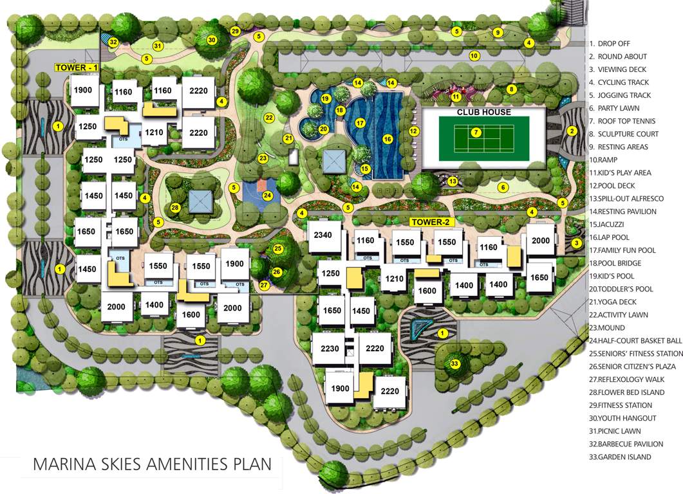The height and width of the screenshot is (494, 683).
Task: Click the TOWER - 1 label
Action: [76, 67]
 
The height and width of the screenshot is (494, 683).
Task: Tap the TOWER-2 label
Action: [432, 222]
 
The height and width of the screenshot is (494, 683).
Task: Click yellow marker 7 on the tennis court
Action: [476, 133]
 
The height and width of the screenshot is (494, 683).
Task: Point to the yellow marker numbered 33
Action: [454, 364]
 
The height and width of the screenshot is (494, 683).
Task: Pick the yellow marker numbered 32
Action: [113, 42]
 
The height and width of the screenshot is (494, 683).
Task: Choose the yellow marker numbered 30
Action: [211, 40]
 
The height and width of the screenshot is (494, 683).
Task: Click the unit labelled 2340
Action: [323, 235]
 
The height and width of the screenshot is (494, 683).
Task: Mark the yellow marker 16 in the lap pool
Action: [387, 138]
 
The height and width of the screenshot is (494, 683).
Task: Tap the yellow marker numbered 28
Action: [174, 207]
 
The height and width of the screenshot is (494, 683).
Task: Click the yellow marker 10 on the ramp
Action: [474, 56]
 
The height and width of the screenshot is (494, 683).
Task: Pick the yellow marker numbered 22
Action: [269, 118]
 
